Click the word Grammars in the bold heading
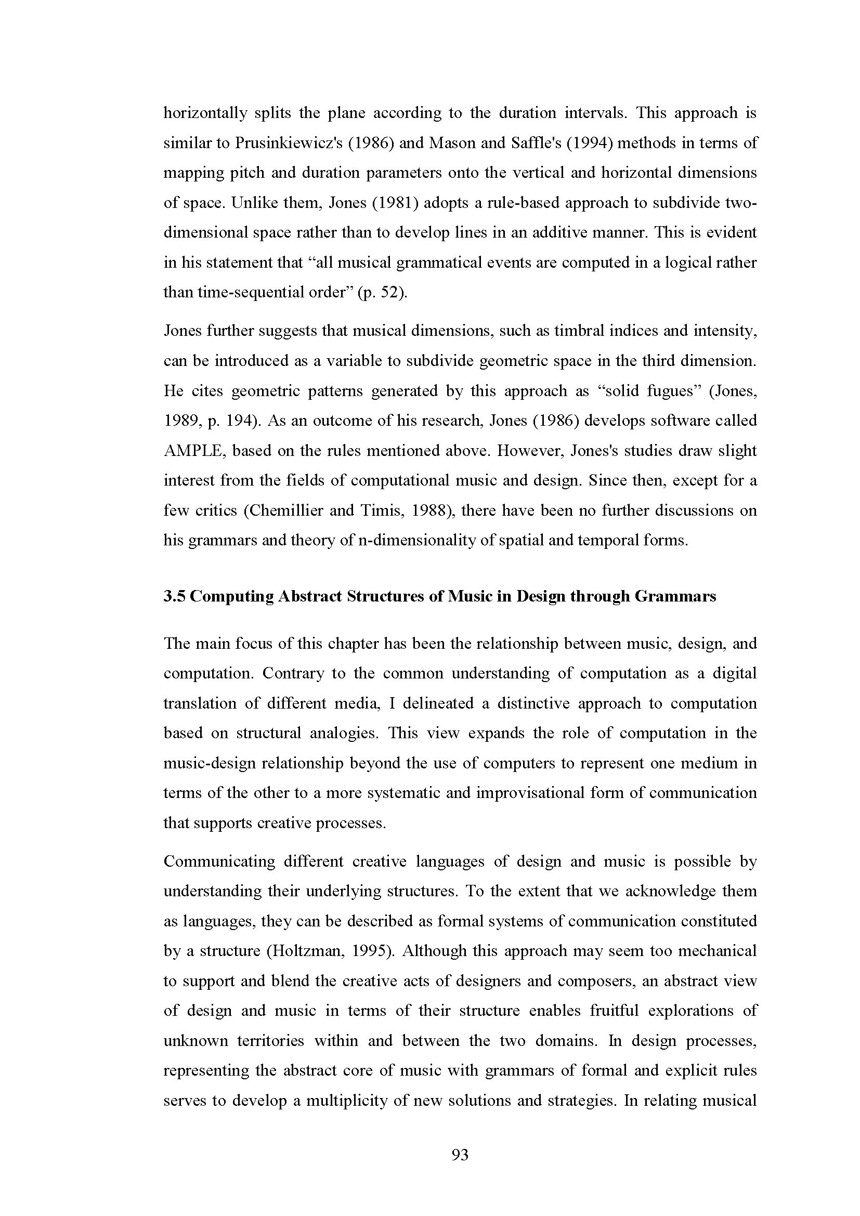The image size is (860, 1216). tap(675, 596)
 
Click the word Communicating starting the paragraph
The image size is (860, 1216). tap(219, 861)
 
